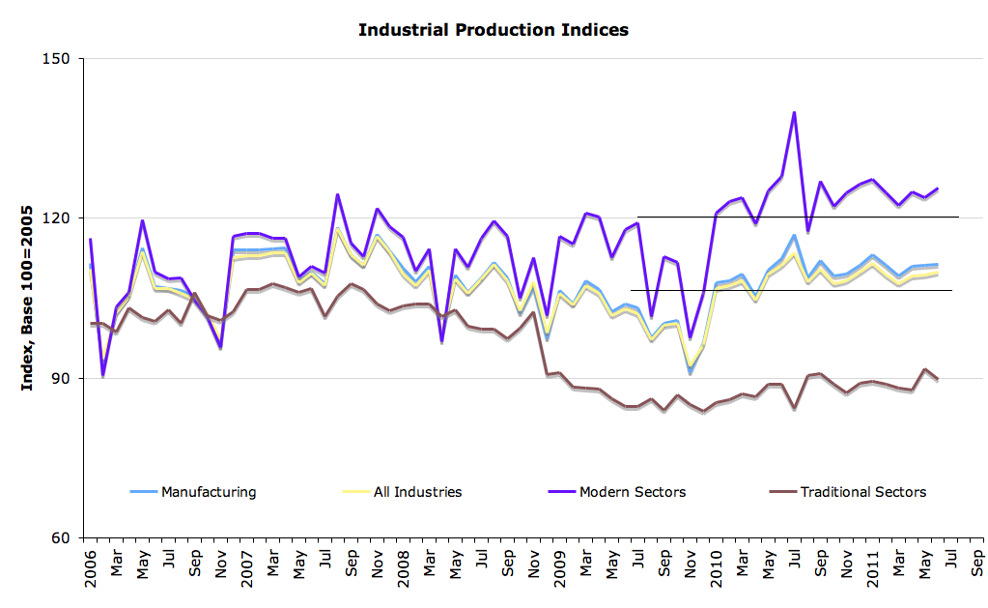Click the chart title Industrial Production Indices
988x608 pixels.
[493, 30]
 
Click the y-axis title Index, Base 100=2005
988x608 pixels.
[29, 297]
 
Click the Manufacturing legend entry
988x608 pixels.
[208, 492]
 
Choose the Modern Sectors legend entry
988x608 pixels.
[632, 492]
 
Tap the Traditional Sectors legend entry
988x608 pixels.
[862, 492]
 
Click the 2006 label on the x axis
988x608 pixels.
[91, 566]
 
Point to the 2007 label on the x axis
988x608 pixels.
[247, 566]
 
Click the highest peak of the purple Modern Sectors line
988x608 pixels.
[794, 112]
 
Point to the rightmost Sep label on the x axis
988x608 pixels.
[977, 564]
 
